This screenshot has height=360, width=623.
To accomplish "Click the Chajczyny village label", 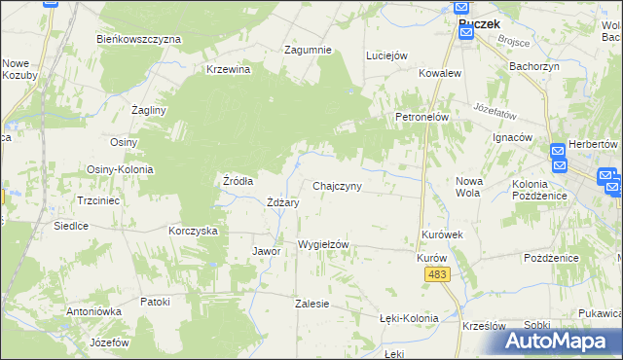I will coord(338,186).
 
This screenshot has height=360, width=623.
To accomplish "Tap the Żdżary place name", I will coord(282,202).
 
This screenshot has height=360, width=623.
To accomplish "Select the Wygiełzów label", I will coord(323,244).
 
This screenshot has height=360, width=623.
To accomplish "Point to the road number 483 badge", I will coord(436,277).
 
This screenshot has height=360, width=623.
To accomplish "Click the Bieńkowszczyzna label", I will coord(139,39).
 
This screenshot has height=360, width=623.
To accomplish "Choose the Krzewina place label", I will coord(229,69).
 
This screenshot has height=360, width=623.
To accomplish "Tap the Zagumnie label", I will coord(308,50).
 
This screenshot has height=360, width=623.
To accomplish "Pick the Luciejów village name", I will coord(385,55).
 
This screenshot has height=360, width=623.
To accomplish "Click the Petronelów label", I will coord(421,117).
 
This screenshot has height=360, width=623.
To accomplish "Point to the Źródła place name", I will coord(238,181).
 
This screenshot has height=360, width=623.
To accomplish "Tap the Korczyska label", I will coord(192,231).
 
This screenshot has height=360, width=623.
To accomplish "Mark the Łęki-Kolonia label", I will coord(409,318).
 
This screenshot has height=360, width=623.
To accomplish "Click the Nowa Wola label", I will coord(469,186).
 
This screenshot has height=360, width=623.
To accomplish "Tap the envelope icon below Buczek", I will coord(465,34).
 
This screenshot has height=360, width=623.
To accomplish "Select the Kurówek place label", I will coord(441,235).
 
